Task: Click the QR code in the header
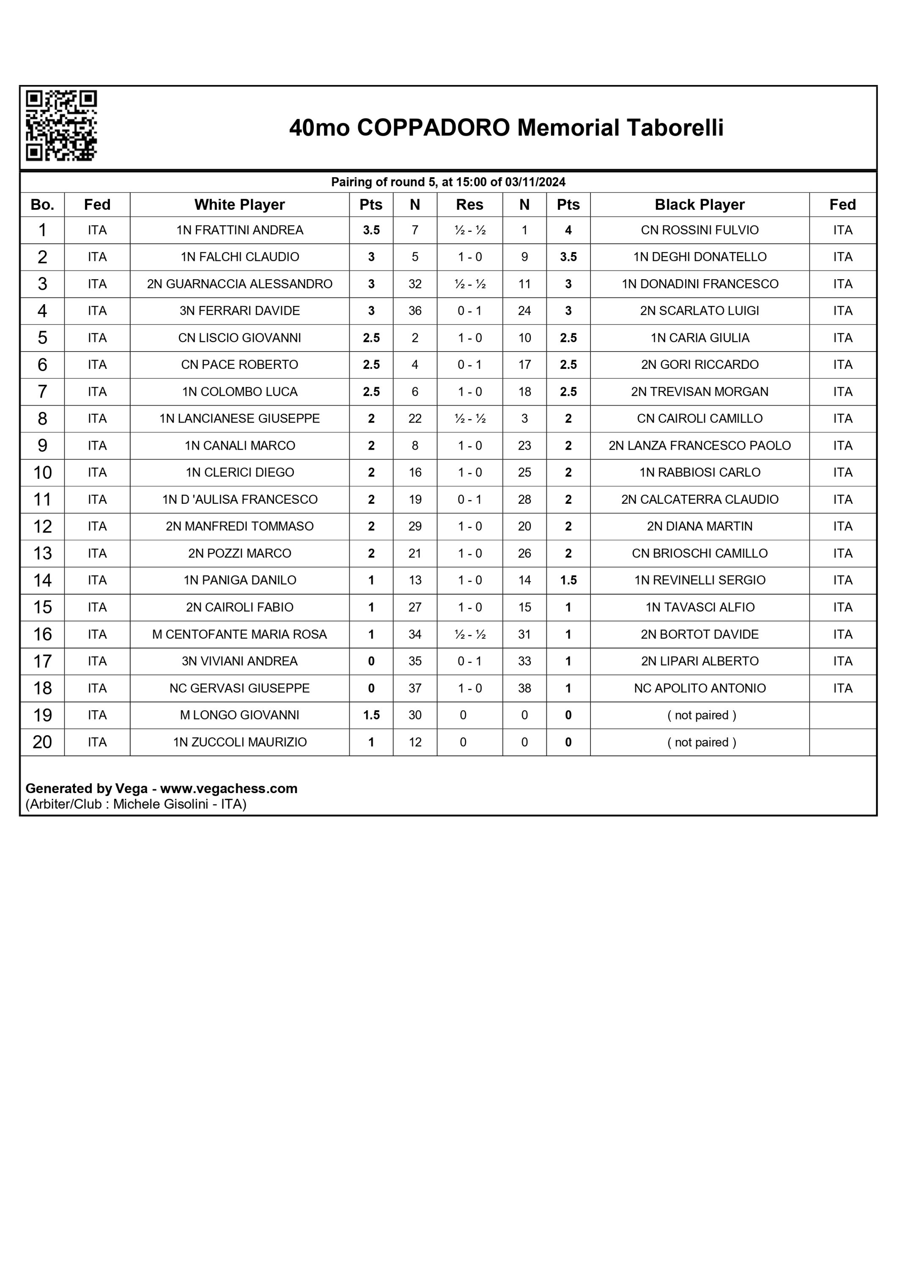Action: point(61,126)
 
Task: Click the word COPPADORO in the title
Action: point(433,128)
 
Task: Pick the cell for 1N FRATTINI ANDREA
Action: point(239,230)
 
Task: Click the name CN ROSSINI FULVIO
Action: point(699,230)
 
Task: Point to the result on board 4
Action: point(469,310)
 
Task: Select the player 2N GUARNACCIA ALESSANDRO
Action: point(239,284)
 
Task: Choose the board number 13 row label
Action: point(43,553)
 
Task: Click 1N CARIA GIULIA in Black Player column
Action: point(699,338)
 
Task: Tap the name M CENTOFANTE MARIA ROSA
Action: point(239,634)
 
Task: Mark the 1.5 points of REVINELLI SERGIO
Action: point(568,580)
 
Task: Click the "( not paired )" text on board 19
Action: point(701,715)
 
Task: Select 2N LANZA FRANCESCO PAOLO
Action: point(699,445)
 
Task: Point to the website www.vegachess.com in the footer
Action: point(228,788)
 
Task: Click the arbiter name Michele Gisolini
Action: point(160,804)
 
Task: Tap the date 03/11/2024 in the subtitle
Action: point(535,182)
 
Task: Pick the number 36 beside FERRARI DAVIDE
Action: point(414,310)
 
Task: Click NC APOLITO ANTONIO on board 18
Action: point(699,688)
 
